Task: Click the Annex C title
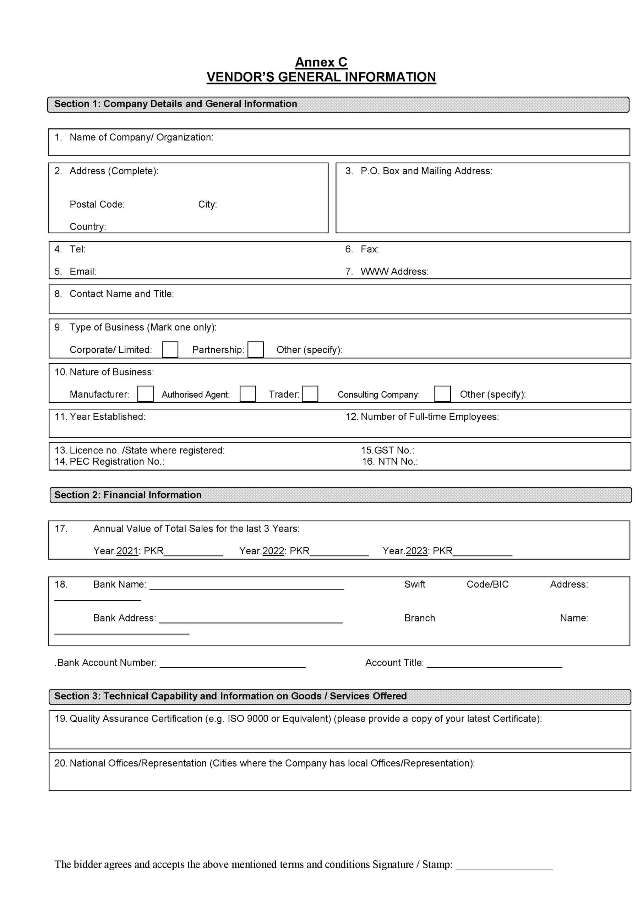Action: point(321,62)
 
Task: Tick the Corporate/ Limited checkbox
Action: point(170,350)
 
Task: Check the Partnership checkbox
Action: point(255,350)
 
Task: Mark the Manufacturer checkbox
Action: point(145,394)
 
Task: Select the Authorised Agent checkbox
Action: point(247,394)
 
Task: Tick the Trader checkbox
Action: point(310,394)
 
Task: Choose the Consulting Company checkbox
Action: point(442,394)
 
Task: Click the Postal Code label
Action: point(97,204)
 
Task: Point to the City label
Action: point(207,204)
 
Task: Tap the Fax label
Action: point(369,249)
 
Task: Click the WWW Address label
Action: point(394,272)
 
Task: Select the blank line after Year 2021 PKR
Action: point(193,554)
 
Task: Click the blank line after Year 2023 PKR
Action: point(482,554)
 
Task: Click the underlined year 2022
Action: point(273,551)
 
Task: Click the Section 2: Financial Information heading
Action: point(128,495)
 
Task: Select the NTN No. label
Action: point(398,462)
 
